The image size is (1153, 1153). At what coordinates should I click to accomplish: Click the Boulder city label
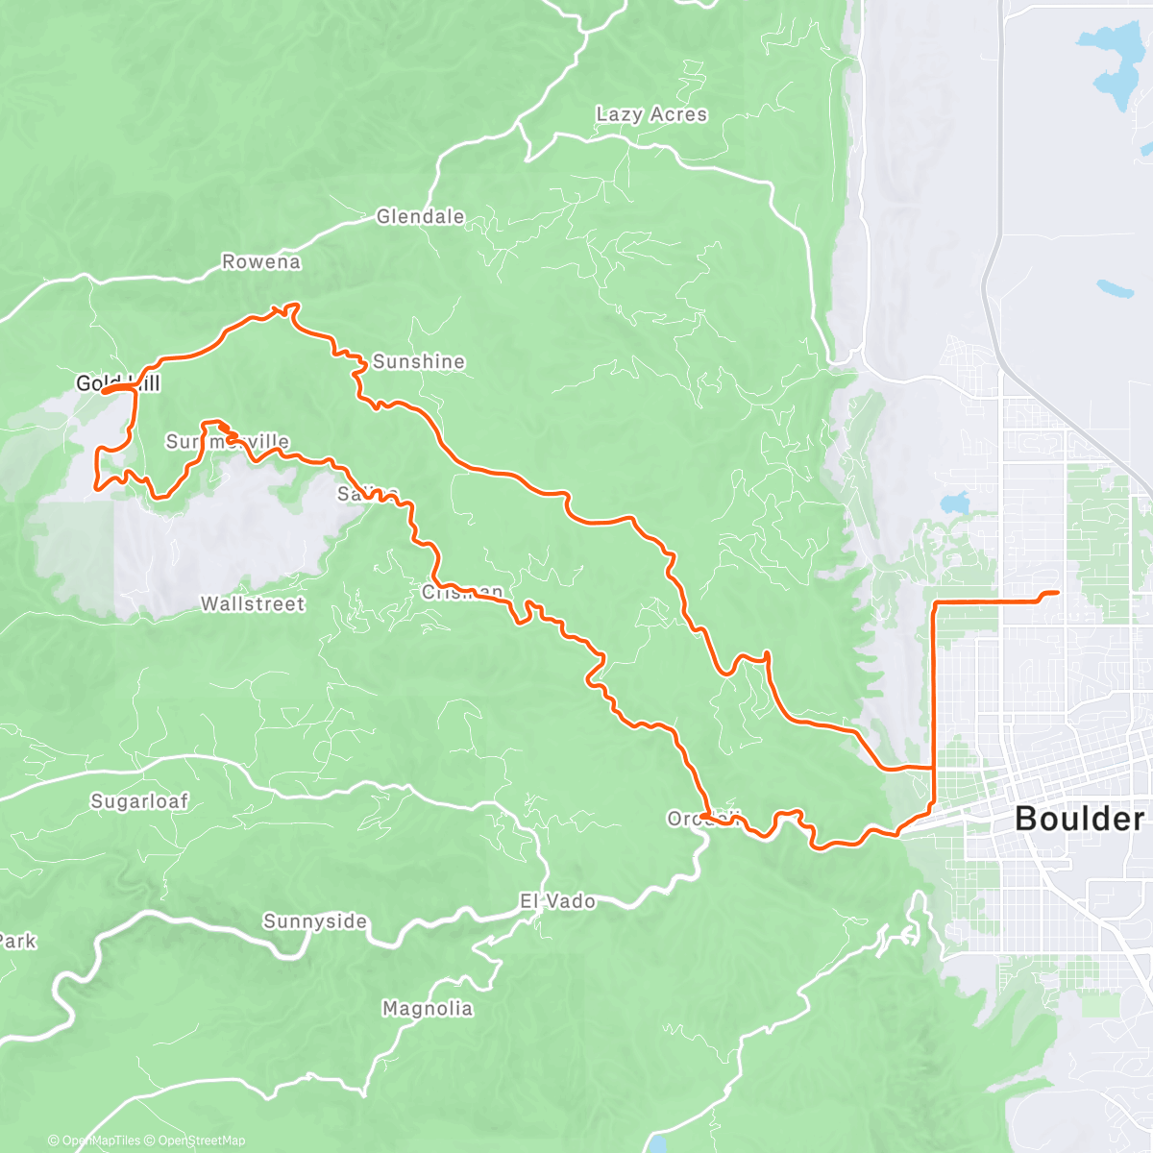tap(1079, 819)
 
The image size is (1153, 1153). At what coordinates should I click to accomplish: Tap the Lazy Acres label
tap(651, 114)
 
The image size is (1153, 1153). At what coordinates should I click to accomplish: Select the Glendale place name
tap(420, 216)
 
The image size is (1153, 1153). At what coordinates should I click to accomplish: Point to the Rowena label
tap(260, 261)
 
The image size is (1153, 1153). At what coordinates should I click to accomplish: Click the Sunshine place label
tap(418, 361)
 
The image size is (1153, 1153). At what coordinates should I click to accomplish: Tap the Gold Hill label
tap(117, 383)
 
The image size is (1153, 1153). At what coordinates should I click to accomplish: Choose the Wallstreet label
tap(252, 603)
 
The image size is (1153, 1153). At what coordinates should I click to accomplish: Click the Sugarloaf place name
tap(139, 800)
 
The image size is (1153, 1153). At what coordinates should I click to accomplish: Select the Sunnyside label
tap(315, 921)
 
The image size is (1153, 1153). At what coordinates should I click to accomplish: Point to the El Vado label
tap(557, 901)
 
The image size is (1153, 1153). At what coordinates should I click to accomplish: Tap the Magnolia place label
tap(427, 1008)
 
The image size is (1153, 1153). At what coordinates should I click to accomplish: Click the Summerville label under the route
tap(227, 441)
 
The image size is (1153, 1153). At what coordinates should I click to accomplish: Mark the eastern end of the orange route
tap(1057, 593)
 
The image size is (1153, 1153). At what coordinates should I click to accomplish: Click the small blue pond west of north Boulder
tap(955, 503)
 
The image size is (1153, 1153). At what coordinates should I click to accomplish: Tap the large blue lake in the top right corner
tap(1115, 67)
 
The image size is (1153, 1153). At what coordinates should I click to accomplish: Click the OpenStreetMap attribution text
tap(201, 1141)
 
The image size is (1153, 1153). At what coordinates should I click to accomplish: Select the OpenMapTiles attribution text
tap(100, 1141)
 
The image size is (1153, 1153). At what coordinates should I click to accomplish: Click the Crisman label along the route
tap(462, 592)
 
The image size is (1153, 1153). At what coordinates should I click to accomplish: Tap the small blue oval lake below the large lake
tap(1115, 287)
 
